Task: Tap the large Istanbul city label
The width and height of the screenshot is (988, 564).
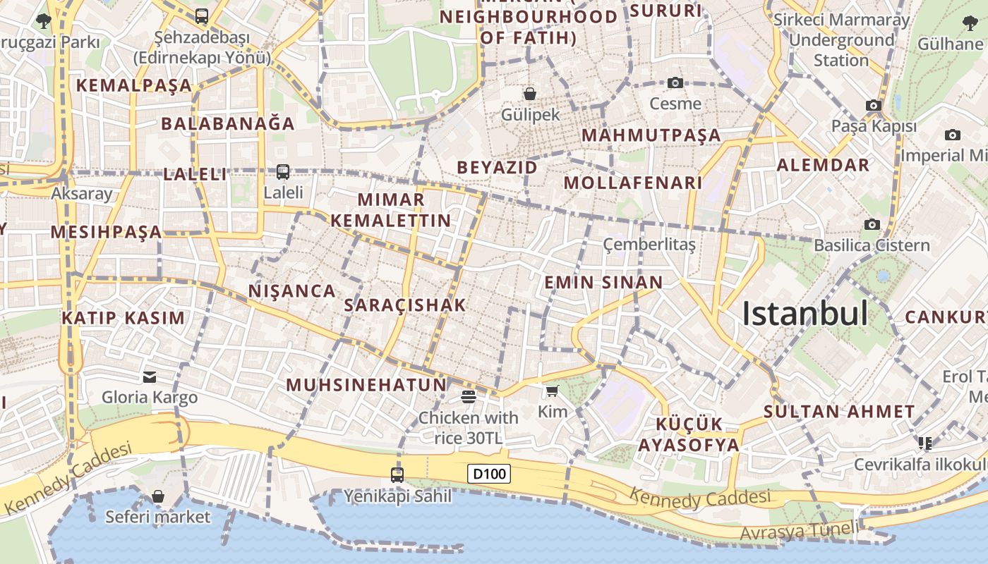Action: click(x=805, y=314)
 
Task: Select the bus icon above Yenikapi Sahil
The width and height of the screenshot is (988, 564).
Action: click(x=397, y=474)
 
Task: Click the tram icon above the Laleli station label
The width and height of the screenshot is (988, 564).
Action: click(x=283, y=171)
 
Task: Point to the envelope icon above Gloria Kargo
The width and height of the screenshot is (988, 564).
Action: click(x=150, y=376)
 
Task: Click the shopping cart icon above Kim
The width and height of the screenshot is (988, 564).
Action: click(x=552, y=391)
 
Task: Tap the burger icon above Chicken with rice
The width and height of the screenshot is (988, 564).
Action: click(x=468, y=396)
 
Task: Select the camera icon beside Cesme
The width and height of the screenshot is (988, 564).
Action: click(x=675, y=83)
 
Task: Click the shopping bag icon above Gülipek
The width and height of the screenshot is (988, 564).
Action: click(x=529, y=93)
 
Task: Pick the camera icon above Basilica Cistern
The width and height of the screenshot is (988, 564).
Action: click(x=872, y=224)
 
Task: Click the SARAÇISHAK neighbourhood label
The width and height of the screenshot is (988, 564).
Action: click(x=405, y=305)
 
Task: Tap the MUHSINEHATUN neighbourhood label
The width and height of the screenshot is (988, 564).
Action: click(x=367, y=385)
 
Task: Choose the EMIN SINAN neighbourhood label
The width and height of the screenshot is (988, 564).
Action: click(x=603, y=283)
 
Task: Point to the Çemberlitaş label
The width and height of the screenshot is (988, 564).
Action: click(x=649, y=245)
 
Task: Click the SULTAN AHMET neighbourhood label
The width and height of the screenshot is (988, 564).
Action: click(x=839, y=412)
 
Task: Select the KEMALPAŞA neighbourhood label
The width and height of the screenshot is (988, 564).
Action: click(x=134, y=85)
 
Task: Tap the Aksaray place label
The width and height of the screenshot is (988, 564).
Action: click(x=82, y=194)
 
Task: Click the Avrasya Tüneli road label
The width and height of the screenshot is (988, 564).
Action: click(x=800, y=532)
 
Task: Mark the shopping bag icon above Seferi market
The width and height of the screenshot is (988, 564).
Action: click(x=158, y=496)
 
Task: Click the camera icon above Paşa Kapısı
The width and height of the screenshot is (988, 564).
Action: click(x=874, y=106)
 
